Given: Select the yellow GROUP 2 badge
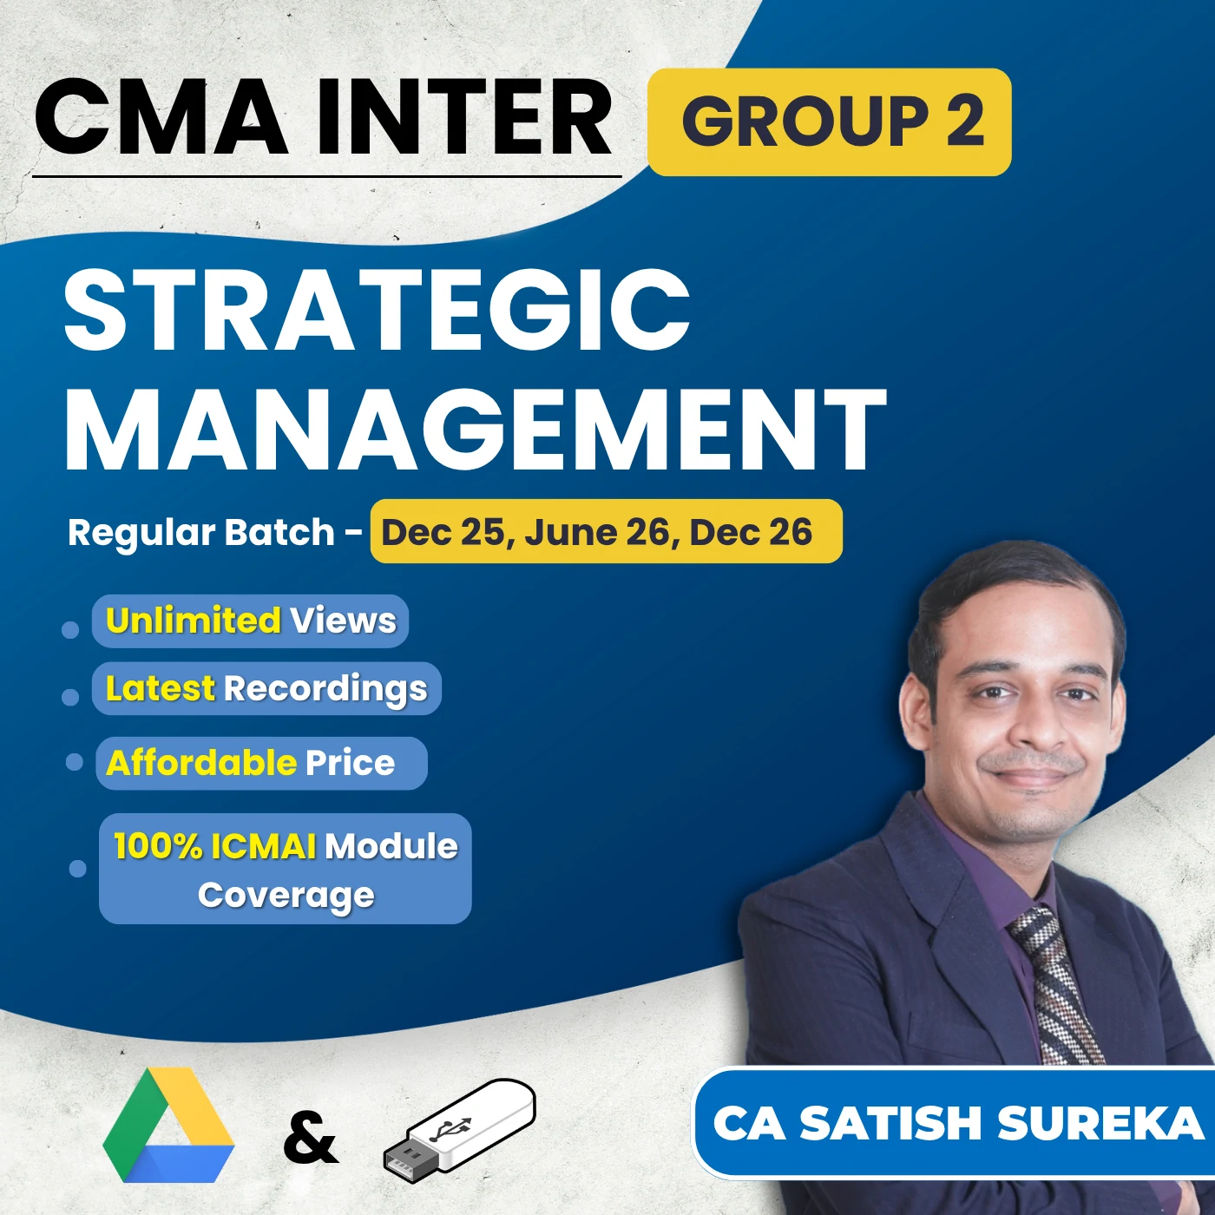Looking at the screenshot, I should pyautogui.click(x=830, y=121).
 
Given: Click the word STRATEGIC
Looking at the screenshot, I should pyautogui.click(x=377, y=310).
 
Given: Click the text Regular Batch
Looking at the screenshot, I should pyautogui.click(x=201, y=532).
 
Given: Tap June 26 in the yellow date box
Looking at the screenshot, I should pyautogui.click(x=597, y=532).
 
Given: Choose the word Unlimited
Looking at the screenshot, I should pyautogui.click(x=193, y=621).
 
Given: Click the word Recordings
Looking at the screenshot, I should pyautogui.click(x=325, y=689).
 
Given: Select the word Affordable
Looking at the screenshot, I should pyautogui.click(x=201, y=763).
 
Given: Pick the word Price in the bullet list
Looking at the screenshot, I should pyautogui.click(x=350, y=763).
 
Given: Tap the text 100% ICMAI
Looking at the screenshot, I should pyautogui.click(x=214, y=846).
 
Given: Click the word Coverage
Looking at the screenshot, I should pyautogui.click(x=286, y=896).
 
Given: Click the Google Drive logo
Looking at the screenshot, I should pyautogui.click(x=168, y=1126).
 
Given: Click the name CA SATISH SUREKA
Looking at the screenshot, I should pyautogui.click(x=958, y=1123).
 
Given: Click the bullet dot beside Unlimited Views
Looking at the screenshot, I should pyautogui.click(x=70, y=629).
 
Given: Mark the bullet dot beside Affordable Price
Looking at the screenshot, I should pyautogui.click(x=75, y=762).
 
